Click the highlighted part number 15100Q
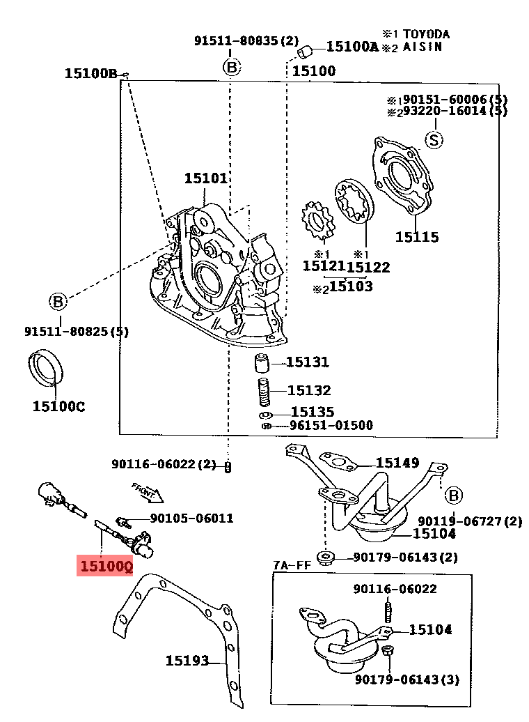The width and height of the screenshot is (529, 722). [x=106, y=566]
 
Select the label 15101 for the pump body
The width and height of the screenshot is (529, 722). [x=205, y=178]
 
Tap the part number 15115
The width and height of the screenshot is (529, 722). [x=417, y=237]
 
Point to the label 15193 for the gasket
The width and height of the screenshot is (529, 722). [x=187, y=661]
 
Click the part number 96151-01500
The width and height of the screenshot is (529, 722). [x=331, y=425]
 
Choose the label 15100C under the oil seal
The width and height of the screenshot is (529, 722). [x=58, y=406]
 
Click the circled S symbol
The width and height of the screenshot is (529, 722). [x=434, y=139]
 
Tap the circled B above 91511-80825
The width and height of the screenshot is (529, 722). [x=58, y=302]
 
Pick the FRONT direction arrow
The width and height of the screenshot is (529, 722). [x=147, y=492]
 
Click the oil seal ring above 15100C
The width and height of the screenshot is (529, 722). [x=45, y=367]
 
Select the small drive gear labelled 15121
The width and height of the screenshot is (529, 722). [x=318, y=220]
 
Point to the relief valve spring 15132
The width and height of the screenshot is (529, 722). [x=264, y=392]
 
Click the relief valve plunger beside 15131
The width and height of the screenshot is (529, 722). [x=262, y=362]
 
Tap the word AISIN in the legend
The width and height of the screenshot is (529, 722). [x=423, y=47]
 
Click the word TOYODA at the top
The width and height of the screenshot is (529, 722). [x=427, y=34]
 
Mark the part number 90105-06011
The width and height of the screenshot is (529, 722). [x=192, y=518]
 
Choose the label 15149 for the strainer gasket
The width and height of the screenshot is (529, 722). [x=397, y=462]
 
